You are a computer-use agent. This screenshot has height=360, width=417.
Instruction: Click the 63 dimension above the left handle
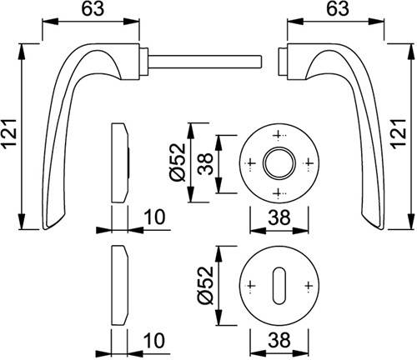[93, 8]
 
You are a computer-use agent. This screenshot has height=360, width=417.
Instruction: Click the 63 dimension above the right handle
[337, 8]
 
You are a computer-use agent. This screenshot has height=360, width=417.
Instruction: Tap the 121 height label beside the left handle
[10, 137]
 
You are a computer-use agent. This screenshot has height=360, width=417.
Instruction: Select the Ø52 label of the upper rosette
[177, 162]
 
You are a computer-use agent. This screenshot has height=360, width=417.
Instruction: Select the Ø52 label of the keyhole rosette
[205, 285]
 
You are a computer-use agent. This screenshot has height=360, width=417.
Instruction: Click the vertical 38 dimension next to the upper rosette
[205, 164]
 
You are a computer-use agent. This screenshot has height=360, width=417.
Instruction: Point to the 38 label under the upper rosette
[279, 217]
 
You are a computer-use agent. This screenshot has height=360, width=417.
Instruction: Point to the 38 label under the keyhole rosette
[279, 340]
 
